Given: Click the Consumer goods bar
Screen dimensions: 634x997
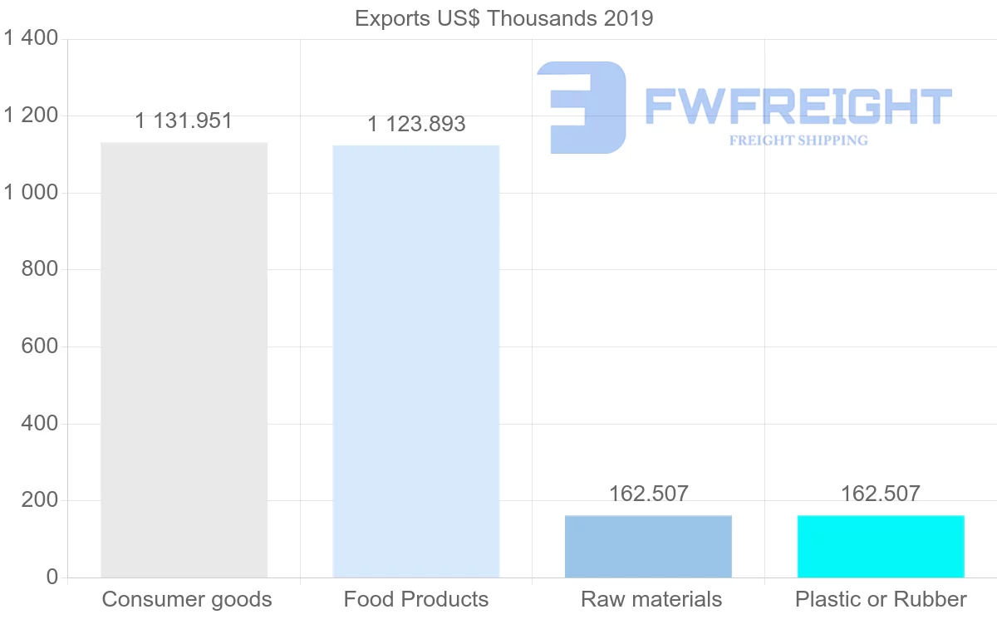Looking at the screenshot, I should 184,360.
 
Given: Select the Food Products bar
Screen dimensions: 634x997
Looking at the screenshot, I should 415,361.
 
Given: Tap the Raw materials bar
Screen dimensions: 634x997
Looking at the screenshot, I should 648,546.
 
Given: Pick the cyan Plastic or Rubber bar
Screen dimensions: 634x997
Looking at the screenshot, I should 881,546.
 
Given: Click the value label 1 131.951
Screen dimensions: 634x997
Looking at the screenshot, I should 184,121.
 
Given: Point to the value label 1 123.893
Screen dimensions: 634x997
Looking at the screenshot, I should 416,125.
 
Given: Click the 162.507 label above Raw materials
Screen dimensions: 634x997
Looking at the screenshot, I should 648,494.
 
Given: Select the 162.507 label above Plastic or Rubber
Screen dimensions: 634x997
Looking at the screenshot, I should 881,494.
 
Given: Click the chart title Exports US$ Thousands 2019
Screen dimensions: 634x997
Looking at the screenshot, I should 504,18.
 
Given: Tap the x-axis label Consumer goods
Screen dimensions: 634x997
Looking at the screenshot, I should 187,599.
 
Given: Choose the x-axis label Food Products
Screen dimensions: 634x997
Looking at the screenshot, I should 416,599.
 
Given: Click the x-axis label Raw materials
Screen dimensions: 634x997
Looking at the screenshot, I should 651,599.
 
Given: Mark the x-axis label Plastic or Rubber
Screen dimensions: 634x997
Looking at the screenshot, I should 881,599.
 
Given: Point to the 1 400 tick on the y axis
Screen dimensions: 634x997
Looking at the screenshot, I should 31,39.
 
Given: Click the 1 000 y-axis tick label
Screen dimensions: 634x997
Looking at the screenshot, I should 31,193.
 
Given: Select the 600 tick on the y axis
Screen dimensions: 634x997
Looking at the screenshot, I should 38,346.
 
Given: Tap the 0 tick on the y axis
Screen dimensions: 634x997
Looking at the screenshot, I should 52,577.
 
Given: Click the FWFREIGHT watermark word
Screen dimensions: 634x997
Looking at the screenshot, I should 798,107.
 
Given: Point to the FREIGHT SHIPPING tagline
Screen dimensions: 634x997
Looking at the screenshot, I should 798,140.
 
